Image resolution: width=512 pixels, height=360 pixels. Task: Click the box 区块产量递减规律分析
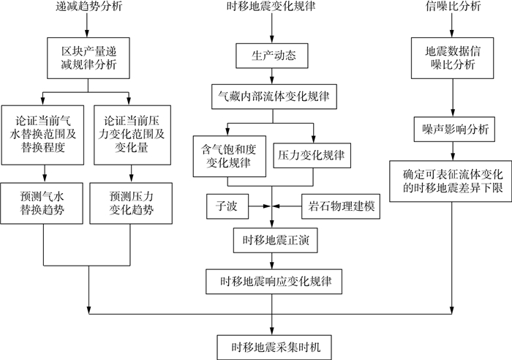(87, 61)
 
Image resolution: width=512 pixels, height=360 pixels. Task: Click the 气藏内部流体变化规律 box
(272, 95)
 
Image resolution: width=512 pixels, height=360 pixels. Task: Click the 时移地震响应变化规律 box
(272, 280)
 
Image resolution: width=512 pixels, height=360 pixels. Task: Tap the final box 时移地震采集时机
(272, 343)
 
